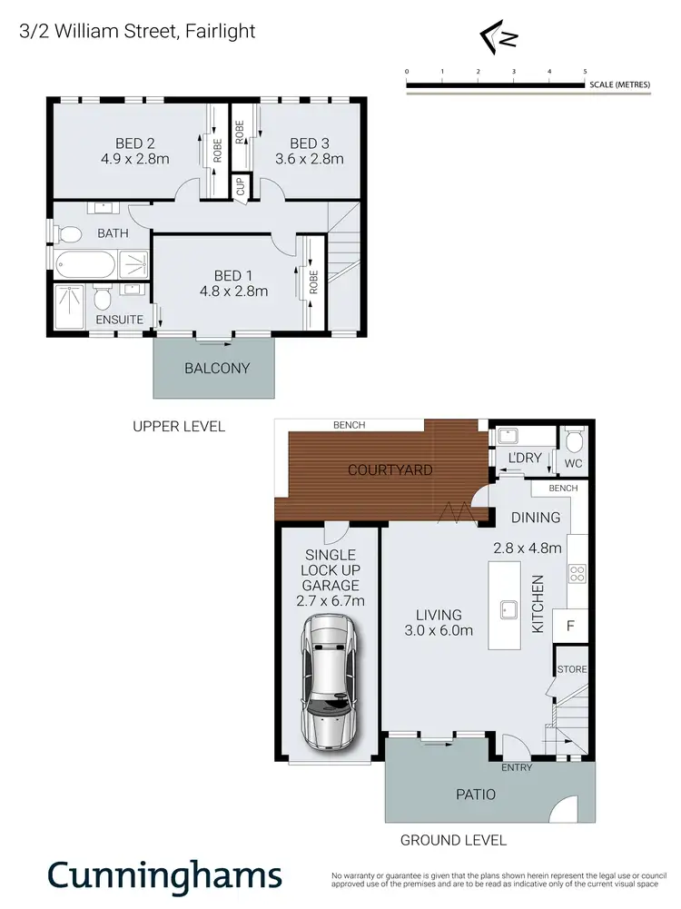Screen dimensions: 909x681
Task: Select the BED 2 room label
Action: pyautogui.click(x=135, y=143)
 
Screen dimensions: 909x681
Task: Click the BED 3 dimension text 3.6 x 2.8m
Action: pyautogui.click(x=309, y=159)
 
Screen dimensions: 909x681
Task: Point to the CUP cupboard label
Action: pyautogui.click(x=240, y=187)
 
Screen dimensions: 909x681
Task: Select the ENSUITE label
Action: pyautogui.click(x=119, y=320)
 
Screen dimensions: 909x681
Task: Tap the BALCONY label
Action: pyautogui.click(x=216, y=368)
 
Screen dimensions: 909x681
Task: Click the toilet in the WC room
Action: pyautogui.click(x=572, y=442)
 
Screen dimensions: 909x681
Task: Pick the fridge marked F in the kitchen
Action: pyautogui.click(x=570, y=626)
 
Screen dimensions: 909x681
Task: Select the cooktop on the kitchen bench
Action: pyautogui.click(x=576, y=573)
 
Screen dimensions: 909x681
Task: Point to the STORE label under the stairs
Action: pyautogui.click(x=572, y=669)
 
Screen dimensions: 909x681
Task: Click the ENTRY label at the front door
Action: pyautogui.click(x=516, y=767)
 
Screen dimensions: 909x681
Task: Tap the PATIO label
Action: pyautogui.click(x=476, y=794)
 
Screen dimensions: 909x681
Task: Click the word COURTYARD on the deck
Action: pyautogui.click(x=390, y=470)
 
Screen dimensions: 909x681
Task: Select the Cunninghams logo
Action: pyautogui.click(x=164, y=876)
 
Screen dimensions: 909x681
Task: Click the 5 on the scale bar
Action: pyautogui.click(x=585, y=71)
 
